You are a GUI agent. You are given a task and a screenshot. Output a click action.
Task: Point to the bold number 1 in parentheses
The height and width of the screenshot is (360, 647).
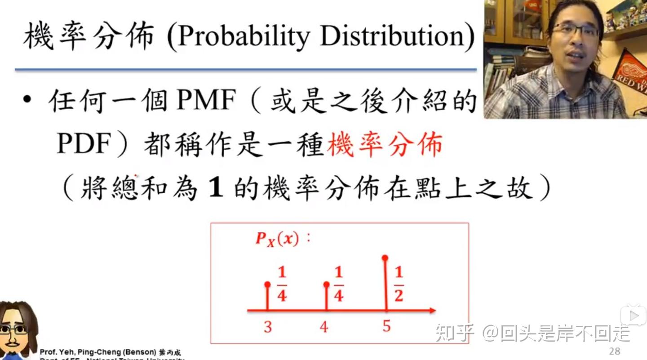[217, 189]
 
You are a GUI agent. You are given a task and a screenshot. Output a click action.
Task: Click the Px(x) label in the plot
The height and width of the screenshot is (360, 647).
[277, 239]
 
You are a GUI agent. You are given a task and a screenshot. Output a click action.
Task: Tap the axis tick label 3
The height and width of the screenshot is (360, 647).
[268, 327]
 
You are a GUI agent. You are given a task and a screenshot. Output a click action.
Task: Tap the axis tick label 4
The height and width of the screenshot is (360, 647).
[324, 327]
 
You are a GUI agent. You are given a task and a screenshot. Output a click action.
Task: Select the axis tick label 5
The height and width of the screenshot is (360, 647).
[386, 326]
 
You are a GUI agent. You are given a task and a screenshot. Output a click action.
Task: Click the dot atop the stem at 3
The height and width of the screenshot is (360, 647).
[268, 284]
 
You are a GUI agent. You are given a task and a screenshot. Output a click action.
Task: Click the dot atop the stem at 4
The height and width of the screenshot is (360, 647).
[326, 284]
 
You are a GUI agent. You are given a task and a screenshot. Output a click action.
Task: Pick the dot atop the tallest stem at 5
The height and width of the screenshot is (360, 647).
[385, 258]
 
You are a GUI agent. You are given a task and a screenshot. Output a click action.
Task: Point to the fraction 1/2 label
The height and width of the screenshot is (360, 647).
[399, 284]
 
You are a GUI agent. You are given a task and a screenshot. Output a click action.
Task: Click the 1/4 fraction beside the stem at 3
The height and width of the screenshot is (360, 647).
[282, 284]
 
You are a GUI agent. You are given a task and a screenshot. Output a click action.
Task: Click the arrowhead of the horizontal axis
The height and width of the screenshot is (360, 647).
[432, 310]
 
